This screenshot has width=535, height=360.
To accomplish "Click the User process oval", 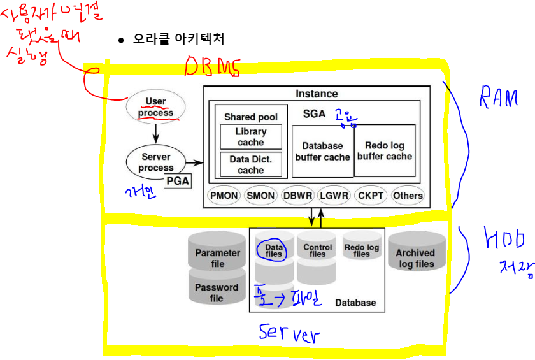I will (x=156, y=106).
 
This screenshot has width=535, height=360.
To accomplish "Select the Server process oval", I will (x=156, y=162).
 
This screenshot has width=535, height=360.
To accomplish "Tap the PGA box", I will (x=178, y=181).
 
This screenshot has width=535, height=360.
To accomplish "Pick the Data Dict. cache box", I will (x=251, y=164).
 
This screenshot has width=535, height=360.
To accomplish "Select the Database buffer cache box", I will (x=322, y=151).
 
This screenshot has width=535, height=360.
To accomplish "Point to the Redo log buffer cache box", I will (x=385, y=151).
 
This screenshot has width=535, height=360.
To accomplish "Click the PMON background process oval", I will (x=224, y=196).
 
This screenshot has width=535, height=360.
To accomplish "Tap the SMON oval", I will (x=261, y=196).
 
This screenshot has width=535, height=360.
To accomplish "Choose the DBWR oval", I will (x=298, y=196).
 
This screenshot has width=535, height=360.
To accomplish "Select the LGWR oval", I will (x=334, y=196).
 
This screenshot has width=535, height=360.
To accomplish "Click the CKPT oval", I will (x=371, y=196).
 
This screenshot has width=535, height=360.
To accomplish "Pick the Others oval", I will (x=408, y=196).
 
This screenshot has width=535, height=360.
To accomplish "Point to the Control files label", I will (x=318, y=250).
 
